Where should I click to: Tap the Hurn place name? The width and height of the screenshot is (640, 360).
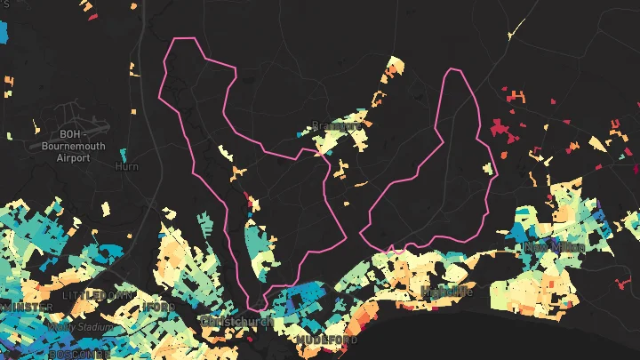pyautogui.click(x=127, y=165)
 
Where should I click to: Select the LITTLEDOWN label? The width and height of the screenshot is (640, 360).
pyautogui.click(x=97, y=294)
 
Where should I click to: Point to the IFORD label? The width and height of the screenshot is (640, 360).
pyautogui.click(x=159, y=307)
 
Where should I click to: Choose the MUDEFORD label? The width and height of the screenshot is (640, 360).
pyautogui.click(x=327, y=340)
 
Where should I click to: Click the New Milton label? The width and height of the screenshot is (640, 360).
pyautogui.click(x=555, y=246)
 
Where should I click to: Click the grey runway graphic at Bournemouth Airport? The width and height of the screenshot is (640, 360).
pyautogui.click(x=71, y=125)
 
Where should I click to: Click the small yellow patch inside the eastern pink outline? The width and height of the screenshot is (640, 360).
pyautogui.click(x=486, y=168)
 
